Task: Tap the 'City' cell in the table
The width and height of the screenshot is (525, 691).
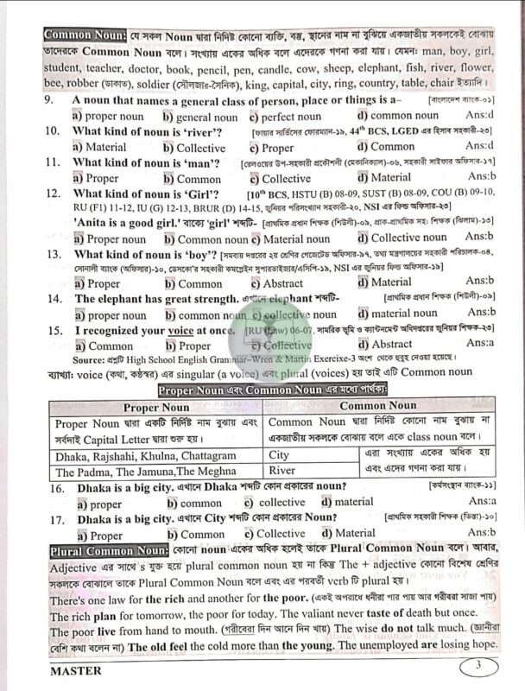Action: point(280,454)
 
